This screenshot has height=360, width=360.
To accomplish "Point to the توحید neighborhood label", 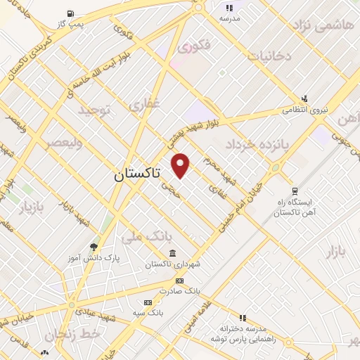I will pos(94,110).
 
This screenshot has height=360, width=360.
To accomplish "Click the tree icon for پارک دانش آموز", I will pos(94,247).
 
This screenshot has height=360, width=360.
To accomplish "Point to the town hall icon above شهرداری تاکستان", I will pos(173,254).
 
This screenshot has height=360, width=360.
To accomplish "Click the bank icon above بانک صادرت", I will pos(179,280).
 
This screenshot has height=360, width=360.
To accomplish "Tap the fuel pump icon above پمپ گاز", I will pos(70,13).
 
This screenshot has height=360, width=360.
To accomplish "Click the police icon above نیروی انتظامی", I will pos(304,99).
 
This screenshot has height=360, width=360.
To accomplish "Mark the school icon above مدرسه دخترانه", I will pos(243,318).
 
